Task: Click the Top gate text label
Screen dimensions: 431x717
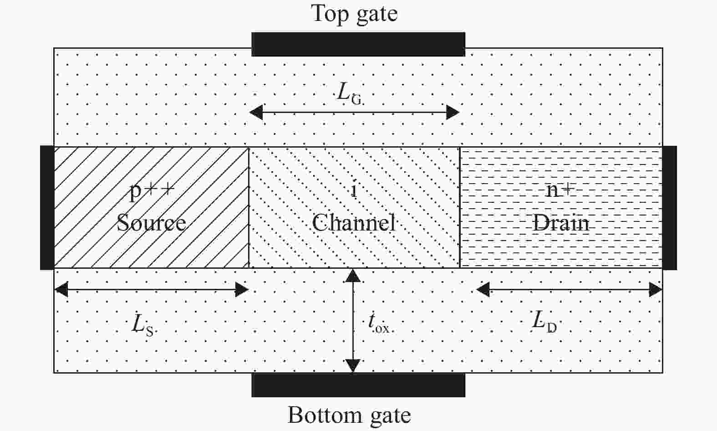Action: click(354, 14)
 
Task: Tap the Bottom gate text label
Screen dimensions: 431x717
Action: click(349, 415)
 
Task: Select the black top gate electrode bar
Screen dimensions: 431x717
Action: click(358, 44)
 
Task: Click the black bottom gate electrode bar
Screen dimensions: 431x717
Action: click(358, 385)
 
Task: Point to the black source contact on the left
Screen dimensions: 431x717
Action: click(47, 207)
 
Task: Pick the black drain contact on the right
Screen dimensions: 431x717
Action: click(669, 207)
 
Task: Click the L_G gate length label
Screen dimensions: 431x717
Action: click(349, 93)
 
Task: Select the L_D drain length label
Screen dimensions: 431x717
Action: click(544, 322)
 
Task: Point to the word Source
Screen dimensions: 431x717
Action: click(151, 223)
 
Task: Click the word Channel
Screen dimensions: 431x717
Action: click(353, 223)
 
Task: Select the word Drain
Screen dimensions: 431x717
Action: click(561, 223)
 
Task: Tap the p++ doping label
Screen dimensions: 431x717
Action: click(152, 190)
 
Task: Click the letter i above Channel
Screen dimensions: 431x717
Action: click(354, 190)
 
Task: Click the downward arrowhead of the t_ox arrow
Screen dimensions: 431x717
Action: click(353, 366)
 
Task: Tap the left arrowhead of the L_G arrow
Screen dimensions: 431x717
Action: click(256, 112)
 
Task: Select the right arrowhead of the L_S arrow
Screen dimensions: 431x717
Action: click(242, 289)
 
